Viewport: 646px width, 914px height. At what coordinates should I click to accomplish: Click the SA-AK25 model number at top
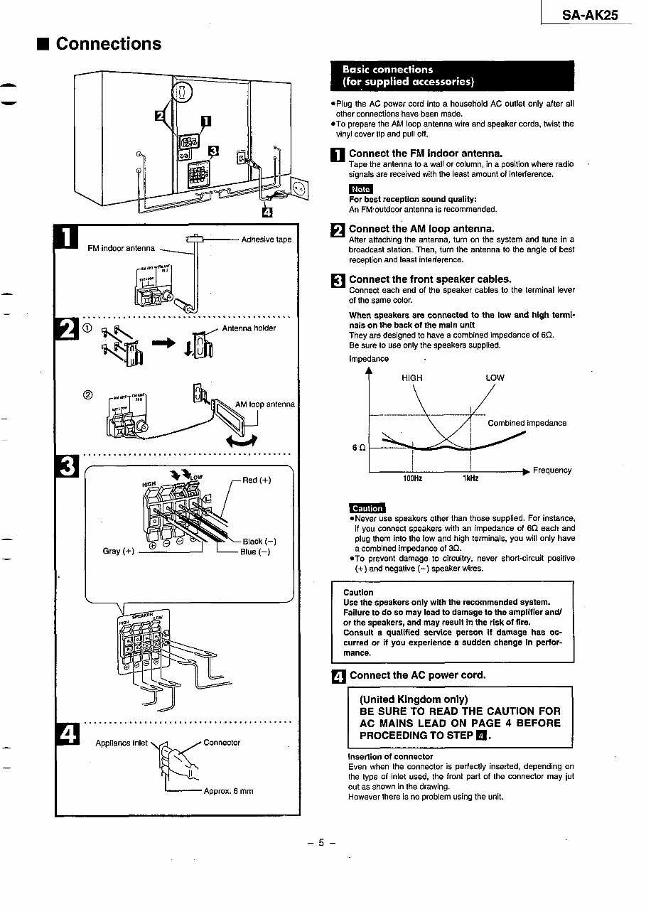[x=589, y=14]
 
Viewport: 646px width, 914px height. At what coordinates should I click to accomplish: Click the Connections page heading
[x=108, y=44]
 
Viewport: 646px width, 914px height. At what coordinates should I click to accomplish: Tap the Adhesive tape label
[x=267, y=240]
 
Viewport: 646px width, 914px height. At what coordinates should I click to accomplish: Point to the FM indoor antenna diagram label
[x=121, y=248]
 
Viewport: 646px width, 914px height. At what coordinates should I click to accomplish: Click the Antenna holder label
[x=249, y=328]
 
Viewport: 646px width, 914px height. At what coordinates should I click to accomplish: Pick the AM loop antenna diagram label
[x=264, y=404]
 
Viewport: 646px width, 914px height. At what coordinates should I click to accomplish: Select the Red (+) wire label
[x=257, y=480]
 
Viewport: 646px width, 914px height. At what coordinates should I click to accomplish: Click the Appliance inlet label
[x=122, y=743]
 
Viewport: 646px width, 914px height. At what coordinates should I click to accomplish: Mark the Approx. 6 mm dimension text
[x=228, y=791]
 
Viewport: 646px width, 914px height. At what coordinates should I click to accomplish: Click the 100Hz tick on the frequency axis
[x=413, y=479]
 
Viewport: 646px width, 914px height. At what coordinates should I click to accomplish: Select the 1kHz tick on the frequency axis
[x=470, y=479]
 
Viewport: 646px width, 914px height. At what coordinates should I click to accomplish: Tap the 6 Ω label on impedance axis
[x=359, y=448]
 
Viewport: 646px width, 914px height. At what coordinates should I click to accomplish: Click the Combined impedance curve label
[x=527, y=424]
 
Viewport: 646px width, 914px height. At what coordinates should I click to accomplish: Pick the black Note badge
[x=361, y=189]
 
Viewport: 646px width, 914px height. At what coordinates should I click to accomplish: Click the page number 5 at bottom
[x=321, y=843]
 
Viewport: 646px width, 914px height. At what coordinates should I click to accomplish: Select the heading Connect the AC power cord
[x=417, y=675]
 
